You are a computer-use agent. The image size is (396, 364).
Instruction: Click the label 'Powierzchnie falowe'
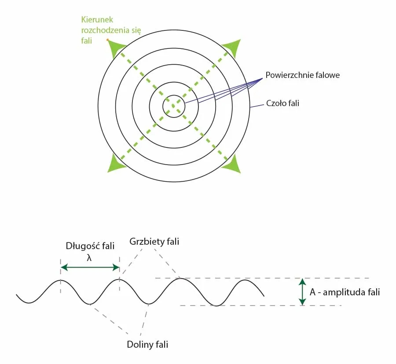tap(303, 75)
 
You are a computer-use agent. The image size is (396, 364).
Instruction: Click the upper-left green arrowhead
tap(117, 48)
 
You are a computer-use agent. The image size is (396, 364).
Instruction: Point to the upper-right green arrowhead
tap(231, 48)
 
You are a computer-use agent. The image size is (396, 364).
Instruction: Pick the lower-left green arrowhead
tap(116, 164)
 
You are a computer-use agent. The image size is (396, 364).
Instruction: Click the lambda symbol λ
tap(89, 257)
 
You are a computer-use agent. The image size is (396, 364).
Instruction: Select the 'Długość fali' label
tap(90, 246)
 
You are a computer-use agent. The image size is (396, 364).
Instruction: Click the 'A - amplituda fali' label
tap(345, 292)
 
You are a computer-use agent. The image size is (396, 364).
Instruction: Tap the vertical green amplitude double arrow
tap(302, 292)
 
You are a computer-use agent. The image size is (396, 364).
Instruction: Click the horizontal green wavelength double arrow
tap(90, 267)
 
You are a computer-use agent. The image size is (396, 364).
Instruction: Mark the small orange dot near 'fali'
tap(107, 40)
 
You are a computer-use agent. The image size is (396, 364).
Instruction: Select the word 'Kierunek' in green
tap(97, 20)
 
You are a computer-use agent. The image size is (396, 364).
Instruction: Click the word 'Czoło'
tap(277, 104)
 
